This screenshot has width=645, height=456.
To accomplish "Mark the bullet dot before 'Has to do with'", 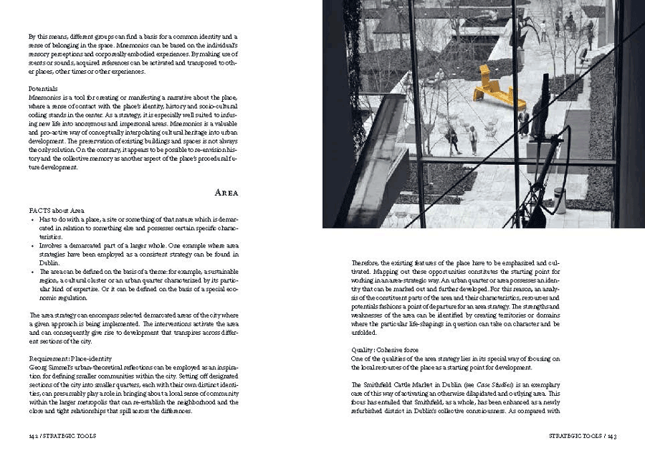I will click(x=32, y=219).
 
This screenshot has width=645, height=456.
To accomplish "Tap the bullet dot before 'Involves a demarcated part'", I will click(x=32, y=244).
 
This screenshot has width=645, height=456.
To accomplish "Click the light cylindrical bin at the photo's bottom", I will click(x=560, y=200).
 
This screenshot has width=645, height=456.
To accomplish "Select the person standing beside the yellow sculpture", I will click(x=524, y=122).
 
